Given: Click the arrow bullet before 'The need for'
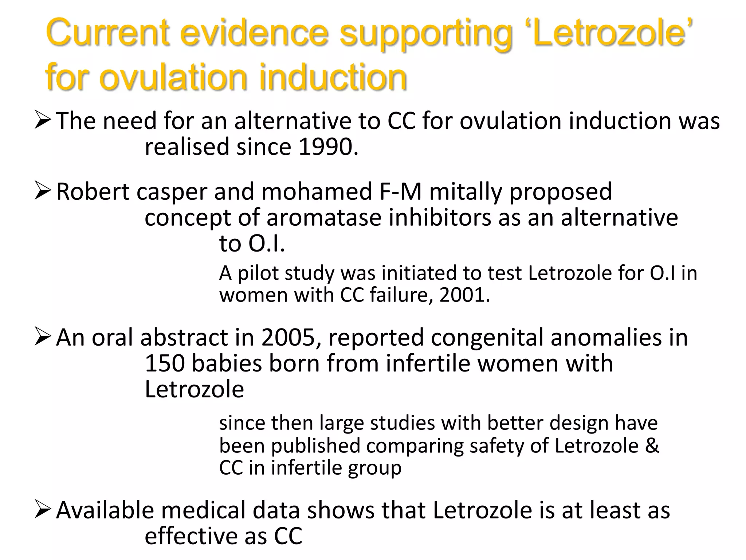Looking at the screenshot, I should [x=43, y=121].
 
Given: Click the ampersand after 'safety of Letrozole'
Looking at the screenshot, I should [x=652, y=446].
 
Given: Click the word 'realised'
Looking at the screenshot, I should [x=187, y=147].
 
